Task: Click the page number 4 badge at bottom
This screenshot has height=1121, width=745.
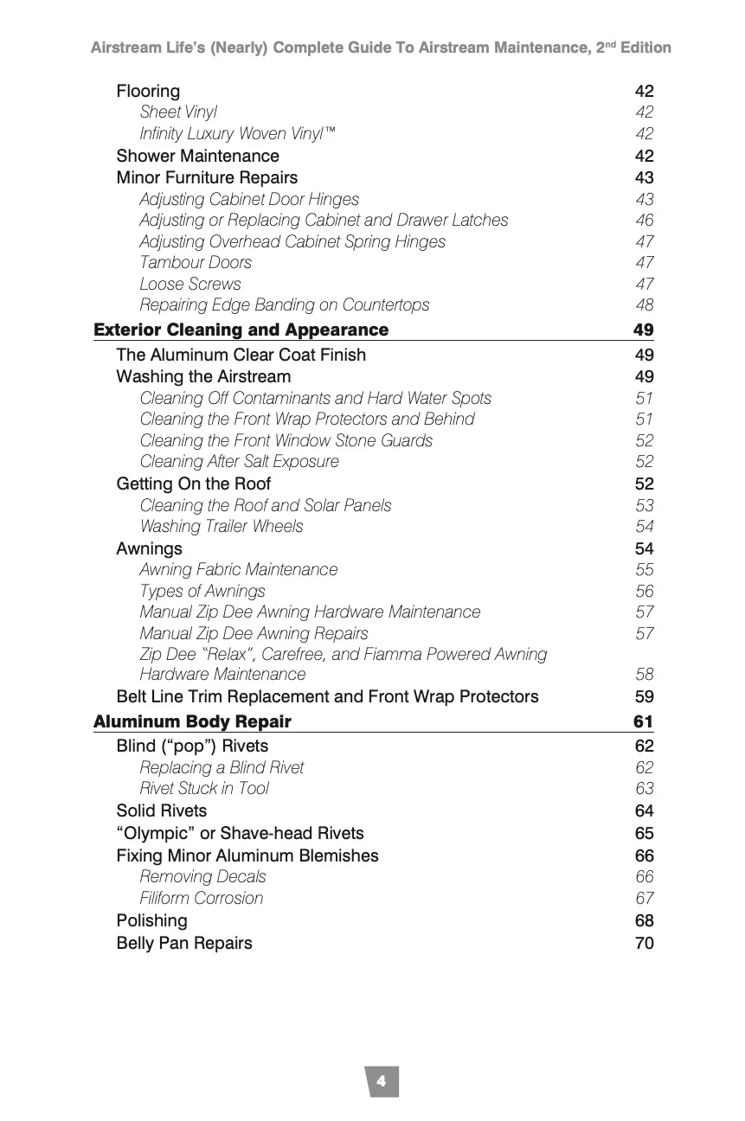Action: click(x=382, y=1081)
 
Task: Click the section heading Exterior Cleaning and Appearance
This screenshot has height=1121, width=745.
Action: click(x=241, y=330)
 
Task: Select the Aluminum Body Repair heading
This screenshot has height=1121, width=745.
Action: click(x=192, y=721)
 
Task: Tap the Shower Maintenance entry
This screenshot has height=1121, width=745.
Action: click(x=197, y=156)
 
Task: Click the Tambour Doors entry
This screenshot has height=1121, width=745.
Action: click(x=196, y=262)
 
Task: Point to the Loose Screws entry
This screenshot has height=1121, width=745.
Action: click(x=190, y=284)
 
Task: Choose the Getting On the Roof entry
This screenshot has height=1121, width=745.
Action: click(x=193, y=484)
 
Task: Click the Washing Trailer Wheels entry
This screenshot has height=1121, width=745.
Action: click(x=222, y=526)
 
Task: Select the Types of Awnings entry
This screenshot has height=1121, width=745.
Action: click(x=202, y=591)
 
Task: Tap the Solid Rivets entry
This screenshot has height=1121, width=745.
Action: click(x=162, y=810)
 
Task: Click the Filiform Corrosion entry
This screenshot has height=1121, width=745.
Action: click(x=202, y=898)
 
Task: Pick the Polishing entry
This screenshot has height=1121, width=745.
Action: click(x=151, y=920)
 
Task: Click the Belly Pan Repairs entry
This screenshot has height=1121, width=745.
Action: click(x=184, y=943)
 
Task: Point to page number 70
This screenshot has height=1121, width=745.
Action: click(x=644, y=943)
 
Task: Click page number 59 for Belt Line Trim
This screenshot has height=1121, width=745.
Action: click(x=644, y=696)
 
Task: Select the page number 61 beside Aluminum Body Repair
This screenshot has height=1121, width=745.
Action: click(x=644, y=721)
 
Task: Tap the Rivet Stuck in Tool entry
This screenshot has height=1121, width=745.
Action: click(x=204, y=788)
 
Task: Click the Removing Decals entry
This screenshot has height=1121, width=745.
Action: click(x=202, y=876)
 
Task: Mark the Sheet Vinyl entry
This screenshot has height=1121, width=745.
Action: click(x=178, y=112)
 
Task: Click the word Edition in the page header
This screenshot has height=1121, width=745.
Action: click(x=645, y=48)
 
